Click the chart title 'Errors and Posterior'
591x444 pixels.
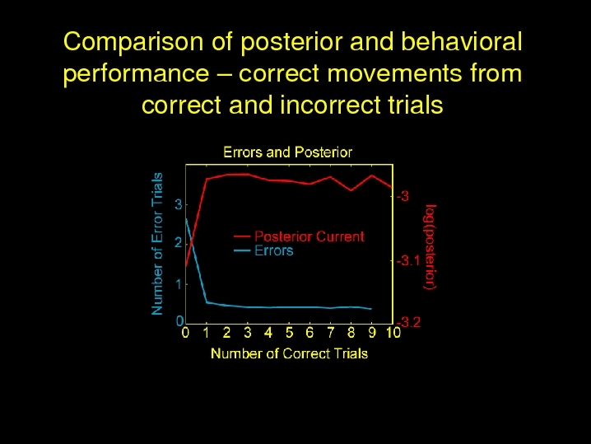287,152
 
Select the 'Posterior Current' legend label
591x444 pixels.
309,236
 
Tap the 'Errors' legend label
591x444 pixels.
273,250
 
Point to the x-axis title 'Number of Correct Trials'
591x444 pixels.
289,354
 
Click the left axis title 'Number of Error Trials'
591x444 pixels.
156,244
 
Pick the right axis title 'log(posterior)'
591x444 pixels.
430,247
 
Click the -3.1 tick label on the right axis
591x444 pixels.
408,260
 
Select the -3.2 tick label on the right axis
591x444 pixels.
408,323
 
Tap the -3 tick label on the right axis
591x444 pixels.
403,196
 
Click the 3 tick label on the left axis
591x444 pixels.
179,204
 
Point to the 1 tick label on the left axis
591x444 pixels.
179,284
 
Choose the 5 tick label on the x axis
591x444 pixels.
289,333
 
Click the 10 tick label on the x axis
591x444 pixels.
393,333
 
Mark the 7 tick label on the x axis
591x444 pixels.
331,333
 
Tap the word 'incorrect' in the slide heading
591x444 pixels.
330,105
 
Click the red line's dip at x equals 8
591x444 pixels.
351,190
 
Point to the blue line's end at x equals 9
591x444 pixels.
371,309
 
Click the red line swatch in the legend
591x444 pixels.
242,237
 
